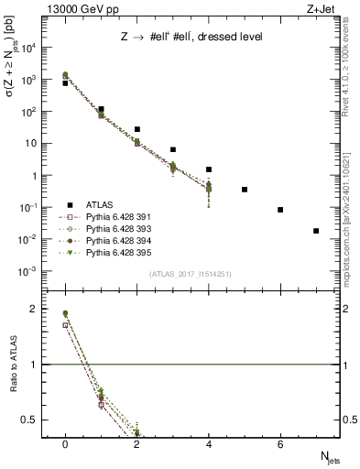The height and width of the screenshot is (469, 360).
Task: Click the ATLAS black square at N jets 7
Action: [x=316, y=231]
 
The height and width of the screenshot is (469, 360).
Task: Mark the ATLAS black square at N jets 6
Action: [x=280, y=210]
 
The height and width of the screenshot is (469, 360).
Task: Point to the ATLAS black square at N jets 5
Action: [x=245, y=190]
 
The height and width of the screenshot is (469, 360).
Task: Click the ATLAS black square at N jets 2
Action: [x=137, y=129]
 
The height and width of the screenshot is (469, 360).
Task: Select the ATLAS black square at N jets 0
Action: [x=65, y=83]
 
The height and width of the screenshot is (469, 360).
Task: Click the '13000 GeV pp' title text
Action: [x=69, y=8]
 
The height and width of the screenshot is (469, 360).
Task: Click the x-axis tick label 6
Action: [x=280, y=444]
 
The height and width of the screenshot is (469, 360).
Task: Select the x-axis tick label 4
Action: [x=209, y=444]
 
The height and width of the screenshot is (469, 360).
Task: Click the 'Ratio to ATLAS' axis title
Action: [x=12, y=365]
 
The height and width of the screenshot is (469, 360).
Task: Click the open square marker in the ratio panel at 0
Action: [x=65, y=324]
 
